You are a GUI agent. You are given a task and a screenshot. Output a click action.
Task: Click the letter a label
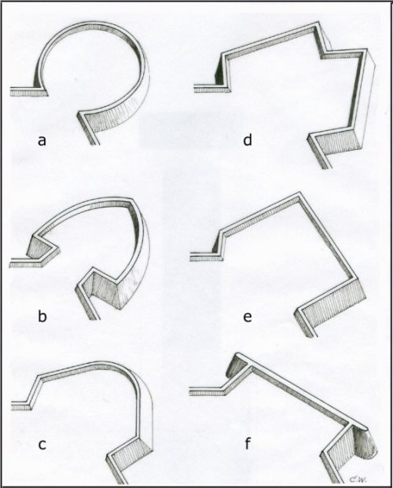[x=42, y=141]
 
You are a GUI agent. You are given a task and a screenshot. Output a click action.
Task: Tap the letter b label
[x=42, y=317]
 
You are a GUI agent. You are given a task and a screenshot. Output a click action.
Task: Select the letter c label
[x=42, y=445]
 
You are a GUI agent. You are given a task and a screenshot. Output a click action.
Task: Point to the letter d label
[x=248, y=140]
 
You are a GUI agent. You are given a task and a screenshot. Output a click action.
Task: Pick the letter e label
[x=248, y=317]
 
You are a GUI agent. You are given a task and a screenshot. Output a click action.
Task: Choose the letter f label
[x=248, y=443]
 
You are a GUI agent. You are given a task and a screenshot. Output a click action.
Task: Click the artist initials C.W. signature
[x=354, y=479]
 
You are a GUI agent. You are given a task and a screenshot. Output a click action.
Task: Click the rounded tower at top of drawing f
[x=237, y=365]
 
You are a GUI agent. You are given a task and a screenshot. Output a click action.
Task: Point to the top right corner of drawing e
[x=299, y=193]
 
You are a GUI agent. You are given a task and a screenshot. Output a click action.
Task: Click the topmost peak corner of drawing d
[x=318, y=22]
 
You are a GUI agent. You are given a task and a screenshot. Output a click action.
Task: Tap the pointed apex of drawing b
[x=130, y=198]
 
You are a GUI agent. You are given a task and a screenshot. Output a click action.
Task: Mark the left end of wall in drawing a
[x=10, y=91]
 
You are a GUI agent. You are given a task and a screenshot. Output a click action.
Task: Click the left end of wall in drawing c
[x=12, y=405]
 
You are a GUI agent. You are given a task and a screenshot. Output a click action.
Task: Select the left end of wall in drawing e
[x=190, y=256]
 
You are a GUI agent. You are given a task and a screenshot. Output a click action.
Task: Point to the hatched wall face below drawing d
[x=338, y=142]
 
